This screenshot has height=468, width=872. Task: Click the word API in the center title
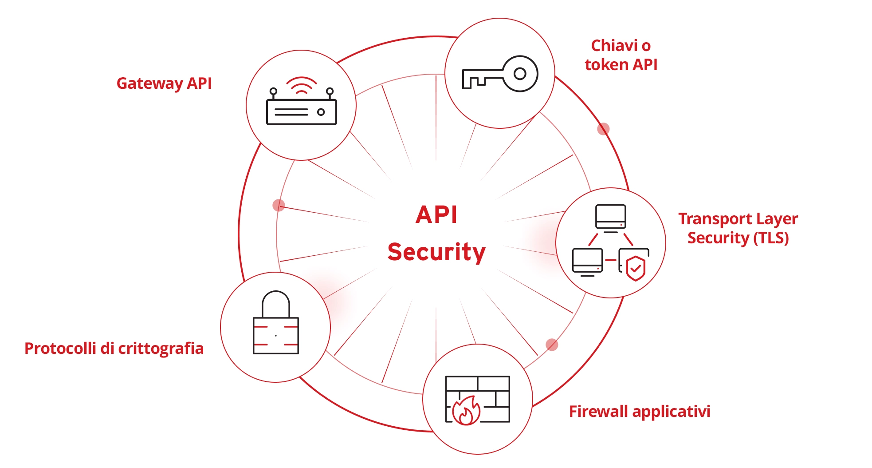(x=436, y=215)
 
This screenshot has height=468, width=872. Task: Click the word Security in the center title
(x=436, y=252)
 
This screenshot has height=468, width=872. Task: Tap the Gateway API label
(x=164, y=83)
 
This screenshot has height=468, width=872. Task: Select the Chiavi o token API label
(x=621, y=55)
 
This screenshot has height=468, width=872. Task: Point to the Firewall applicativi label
(x=639, y=412)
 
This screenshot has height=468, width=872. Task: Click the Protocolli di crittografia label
(x=114, y=349)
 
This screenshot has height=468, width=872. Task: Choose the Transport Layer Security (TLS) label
(x=738, y=228)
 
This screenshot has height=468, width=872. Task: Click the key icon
(x=500, y=74)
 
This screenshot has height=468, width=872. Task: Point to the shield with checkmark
(x=636, y=268)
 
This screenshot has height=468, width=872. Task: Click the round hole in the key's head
(x=520, y=73)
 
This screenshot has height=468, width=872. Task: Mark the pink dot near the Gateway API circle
(x=279, y=205)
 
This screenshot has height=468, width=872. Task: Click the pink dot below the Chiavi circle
(x=603, y=129)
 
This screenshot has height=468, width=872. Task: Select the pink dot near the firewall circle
(x=552, y=345)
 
